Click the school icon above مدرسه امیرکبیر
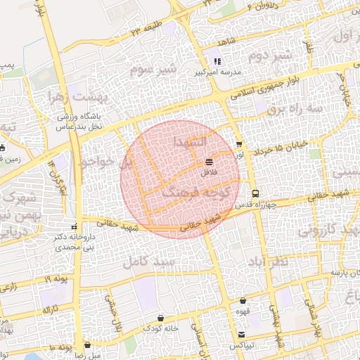(217, 61)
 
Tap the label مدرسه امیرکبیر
(216, 72)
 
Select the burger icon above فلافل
(210, 162)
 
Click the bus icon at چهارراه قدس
(255, 193)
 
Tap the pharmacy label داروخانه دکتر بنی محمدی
(74, 243)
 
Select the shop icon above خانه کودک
(161, 318)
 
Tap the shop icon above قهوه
(243, 300)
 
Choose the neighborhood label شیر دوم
(271, 56)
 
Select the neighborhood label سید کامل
(147, 262)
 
